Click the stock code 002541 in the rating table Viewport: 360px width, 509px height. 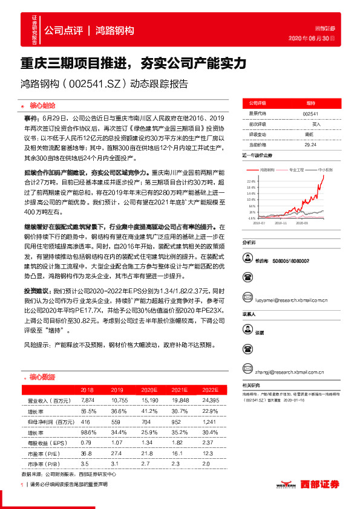(x=310, y=114)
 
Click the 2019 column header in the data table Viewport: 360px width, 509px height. (x=117, y=391)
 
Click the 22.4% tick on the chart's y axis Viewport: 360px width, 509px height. (x=251, y=180)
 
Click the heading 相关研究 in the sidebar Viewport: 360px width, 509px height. (x=250, y=385)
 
